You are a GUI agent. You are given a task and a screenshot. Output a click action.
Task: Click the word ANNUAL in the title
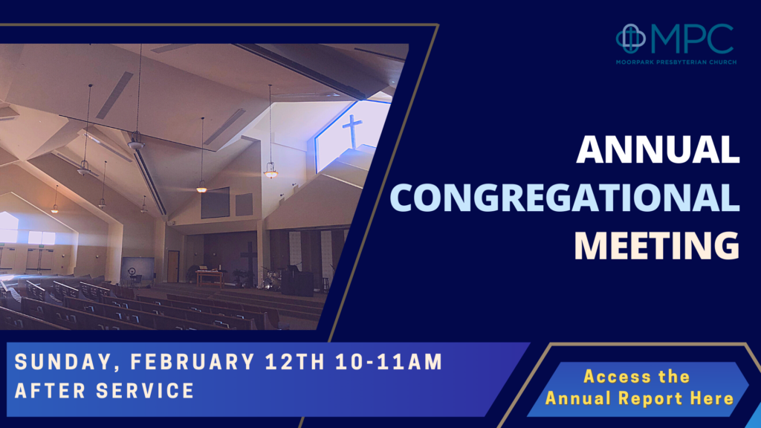658,149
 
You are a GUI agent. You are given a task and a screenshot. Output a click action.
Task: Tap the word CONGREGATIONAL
565,198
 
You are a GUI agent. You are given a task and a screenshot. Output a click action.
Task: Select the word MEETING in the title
657,245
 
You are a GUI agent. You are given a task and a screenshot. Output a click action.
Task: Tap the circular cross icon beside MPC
631,39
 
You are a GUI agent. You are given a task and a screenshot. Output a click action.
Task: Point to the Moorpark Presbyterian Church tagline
676,62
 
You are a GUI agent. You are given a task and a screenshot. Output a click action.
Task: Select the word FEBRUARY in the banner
192,362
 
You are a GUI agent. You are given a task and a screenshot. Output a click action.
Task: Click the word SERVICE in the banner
145,391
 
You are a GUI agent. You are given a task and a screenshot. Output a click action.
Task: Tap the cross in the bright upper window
352,131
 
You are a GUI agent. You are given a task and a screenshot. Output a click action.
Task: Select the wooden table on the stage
210,278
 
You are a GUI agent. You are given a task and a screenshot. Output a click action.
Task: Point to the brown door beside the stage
173,266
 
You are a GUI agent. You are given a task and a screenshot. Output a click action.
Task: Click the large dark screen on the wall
215,203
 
